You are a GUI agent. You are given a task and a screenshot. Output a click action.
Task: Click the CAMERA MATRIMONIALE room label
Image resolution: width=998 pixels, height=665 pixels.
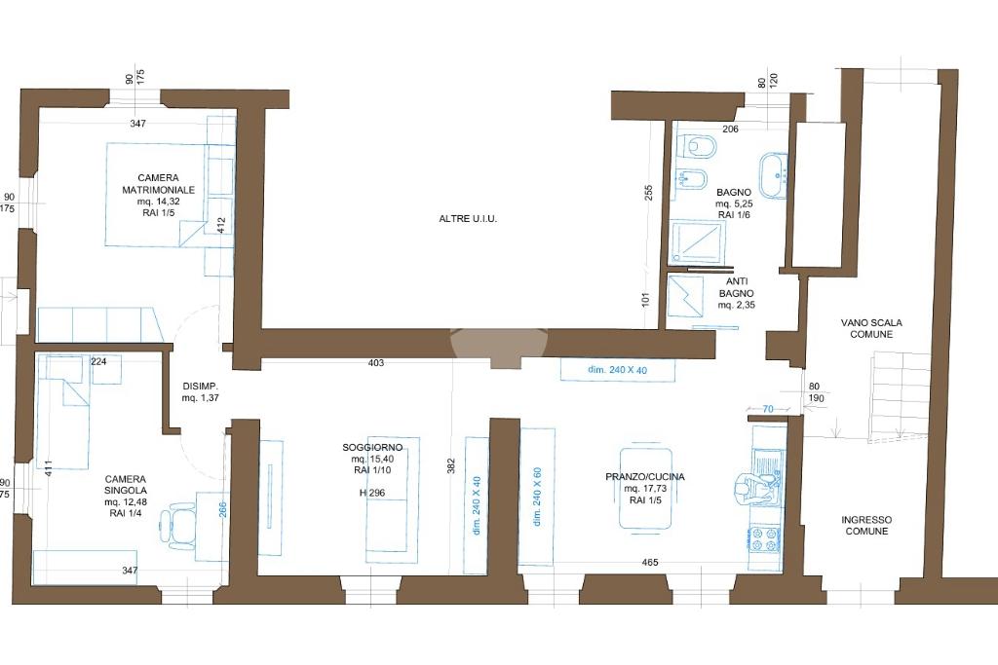tap(159, 184)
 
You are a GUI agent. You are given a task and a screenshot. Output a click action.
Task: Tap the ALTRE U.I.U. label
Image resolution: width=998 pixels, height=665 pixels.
tap(468, 219)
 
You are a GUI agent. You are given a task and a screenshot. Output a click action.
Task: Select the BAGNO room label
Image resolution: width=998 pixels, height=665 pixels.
tap(734, 192)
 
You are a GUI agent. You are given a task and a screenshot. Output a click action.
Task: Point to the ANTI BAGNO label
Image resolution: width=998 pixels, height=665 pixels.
tap(737, 287)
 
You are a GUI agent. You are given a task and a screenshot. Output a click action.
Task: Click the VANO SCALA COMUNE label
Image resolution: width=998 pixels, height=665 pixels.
tap(871, 328)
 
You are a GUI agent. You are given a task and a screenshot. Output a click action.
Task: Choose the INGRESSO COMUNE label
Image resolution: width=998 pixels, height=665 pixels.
tap(866, 525)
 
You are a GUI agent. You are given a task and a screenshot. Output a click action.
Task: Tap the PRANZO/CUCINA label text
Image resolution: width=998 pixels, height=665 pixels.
tap(645, 477)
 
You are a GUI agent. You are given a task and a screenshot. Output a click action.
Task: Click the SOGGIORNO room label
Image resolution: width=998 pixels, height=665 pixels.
tap(371, 448)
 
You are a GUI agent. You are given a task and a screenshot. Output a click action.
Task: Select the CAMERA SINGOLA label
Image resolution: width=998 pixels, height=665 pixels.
tap(126, 485)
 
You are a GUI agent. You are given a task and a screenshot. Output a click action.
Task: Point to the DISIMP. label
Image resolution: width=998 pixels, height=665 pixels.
tap(201, 386)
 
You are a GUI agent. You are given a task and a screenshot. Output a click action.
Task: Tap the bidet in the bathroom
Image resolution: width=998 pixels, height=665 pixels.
tap(691, 181)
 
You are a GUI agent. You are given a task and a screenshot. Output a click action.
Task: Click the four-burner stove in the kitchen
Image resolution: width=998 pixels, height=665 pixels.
tap(764, 539)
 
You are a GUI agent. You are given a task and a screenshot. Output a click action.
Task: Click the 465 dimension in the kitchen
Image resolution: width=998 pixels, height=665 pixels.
tap(650, 562)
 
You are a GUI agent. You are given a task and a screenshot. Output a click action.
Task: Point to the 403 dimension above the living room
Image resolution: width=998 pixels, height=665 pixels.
tap(376, 363)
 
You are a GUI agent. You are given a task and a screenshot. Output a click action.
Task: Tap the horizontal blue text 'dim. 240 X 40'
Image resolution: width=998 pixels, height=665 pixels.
tap(617, 369)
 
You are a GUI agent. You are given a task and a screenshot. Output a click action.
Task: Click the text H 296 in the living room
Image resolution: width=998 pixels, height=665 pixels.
tap(371, 492)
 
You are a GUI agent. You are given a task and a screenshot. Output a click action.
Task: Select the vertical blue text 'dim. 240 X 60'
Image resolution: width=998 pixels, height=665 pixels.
tap(537, 497)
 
